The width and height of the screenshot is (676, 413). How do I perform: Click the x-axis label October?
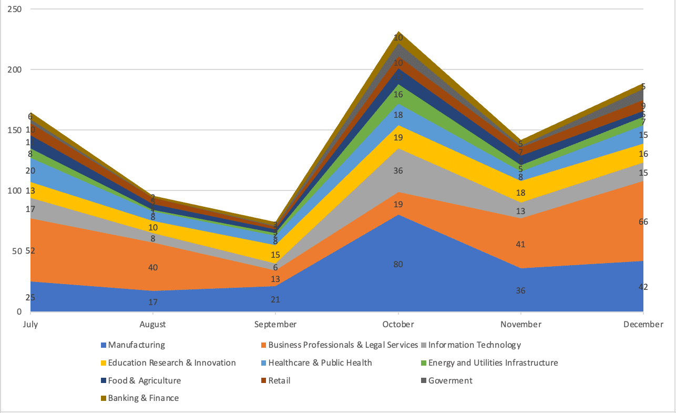coord(398,324)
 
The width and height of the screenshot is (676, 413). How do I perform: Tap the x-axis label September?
coord(275,324)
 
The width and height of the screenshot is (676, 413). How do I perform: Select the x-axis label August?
coord(152,324)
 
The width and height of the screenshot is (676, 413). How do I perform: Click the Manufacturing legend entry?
coord(136,345)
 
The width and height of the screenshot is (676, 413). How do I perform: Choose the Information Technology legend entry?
coord(474,345)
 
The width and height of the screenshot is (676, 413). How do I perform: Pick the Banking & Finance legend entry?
coord(143,398)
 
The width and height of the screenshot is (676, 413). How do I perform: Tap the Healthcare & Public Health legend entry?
coord(320,363)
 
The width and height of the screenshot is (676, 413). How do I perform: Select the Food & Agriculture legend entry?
coord(144,381)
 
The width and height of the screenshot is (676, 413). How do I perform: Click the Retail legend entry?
coord(279,381)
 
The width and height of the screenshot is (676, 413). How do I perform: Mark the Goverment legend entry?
coord(450,381)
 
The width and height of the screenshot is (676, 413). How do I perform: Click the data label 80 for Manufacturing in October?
coord(398,264)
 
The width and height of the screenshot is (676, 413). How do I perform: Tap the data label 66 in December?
coord(643,222)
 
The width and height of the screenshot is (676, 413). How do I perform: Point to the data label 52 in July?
coord(30,251)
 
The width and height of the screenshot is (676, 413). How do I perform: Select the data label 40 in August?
coord(152,267)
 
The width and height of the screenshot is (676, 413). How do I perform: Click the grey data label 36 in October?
coord(398,171)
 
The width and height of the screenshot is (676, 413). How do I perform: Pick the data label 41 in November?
coord(520,244)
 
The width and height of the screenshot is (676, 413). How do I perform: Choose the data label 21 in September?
coord(275,300)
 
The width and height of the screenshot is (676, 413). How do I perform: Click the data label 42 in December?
coord(643,287)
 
